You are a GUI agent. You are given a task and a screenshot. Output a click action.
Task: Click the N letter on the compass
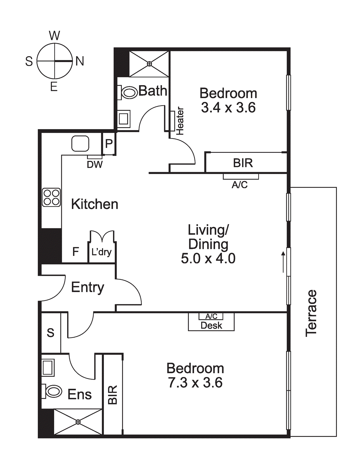click(80, 61)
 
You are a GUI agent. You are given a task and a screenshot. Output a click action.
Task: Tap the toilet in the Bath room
click(129, 92)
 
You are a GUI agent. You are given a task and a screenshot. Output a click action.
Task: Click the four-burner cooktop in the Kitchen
click(51, 197)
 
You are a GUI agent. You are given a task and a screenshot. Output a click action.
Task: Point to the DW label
click(95, 164)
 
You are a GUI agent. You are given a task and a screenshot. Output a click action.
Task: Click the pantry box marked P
click(109, 144)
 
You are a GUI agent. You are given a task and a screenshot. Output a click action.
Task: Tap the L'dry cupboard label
click(101, 252)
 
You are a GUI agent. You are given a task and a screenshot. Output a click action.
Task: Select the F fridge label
click(76, 252)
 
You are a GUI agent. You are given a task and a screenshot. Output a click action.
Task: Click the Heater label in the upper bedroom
click(180, 121)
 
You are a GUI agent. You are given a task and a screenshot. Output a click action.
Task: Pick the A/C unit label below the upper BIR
click(240, 185)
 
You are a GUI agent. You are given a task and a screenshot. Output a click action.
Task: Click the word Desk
click(211, 325)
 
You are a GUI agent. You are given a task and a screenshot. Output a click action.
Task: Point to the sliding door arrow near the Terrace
click(283, 262)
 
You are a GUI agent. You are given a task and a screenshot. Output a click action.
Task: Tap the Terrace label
click(311, 313)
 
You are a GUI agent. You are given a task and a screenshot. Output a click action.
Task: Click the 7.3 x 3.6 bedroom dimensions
click(195, 383)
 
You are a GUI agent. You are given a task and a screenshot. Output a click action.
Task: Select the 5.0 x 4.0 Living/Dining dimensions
click(208, 258)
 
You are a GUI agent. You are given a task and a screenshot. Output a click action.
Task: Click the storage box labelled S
click(51, 333)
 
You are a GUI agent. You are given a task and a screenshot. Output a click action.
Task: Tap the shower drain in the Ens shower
click(78, 422)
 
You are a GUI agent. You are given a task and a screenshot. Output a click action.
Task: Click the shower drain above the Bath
click(149, 64)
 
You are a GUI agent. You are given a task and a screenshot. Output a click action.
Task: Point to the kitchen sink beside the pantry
click(80, 144)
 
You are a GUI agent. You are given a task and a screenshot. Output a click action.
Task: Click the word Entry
click(88, 287)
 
